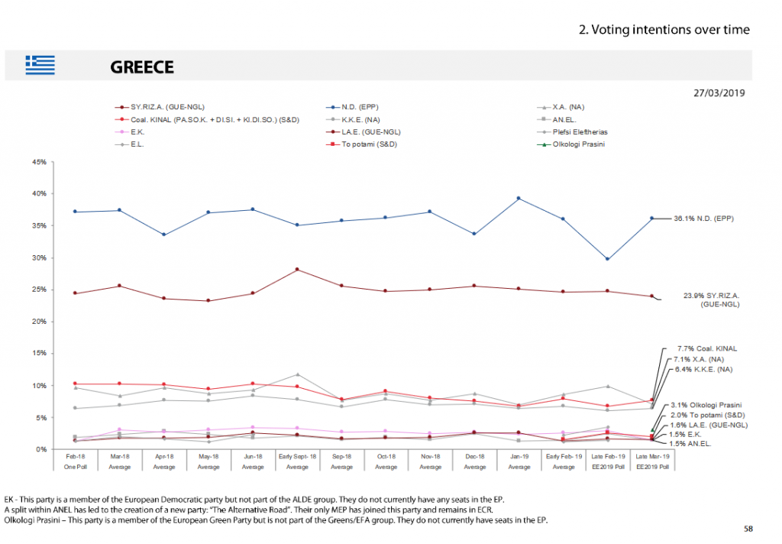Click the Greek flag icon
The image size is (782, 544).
[x=40, y=65]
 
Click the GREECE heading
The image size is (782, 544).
[x=142, y=67]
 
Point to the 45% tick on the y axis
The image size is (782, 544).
[x=40, y=162]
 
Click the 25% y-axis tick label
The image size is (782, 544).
[x=40, y=290]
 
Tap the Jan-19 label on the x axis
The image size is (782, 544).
[x=519, y=455]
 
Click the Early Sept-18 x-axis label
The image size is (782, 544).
[x=297, y=455]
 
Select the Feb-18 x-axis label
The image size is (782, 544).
[x=75, y=455]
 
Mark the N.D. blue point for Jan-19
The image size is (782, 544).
[x=519, y=198]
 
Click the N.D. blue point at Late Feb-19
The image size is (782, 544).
[x=608, y=259]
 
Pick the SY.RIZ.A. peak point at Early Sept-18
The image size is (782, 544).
[x=297, y=270]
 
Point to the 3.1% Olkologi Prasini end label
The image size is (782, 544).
[x=706, y=404]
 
